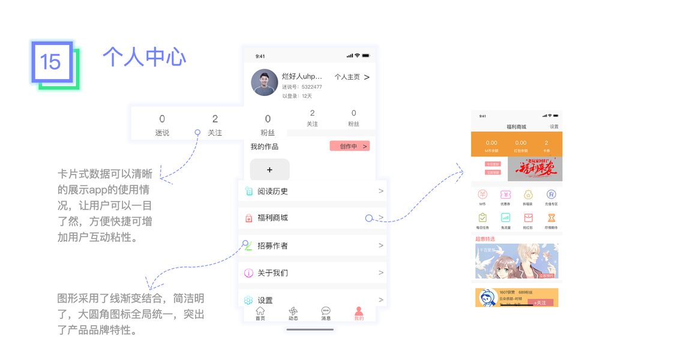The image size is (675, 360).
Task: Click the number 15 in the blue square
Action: tap(51, 62)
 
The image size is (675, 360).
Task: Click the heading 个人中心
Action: tap(144, 56)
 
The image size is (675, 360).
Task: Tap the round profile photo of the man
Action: tap(264, 82)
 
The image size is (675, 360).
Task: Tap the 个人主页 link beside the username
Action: tap(347, 77)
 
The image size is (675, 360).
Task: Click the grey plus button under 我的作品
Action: tap(269, 170)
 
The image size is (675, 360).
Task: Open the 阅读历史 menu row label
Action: tap(272, 191)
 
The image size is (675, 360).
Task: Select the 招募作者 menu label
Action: tap(272, 245)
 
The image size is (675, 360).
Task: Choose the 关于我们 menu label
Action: tap(272, 273)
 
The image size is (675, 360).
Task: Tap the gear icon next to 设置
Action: tap(248, 300)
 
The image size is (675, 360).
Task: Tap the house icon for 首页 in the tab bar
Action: tap(260, 311)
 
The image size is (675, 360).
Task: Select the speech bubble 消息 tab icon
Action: tap(326, 311)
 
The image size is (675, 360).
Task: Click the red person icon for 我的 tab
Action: tap(359, 311)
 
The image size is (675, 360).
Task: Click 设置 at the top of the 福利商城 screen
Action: tap(554, 127)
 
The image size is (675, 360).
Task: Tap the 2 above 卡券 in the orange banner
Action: tap(547, 143)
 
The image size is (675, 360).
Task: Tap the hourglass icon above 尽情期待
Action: tap(551, 218)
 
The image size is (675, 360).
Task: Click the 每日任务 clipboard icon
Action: tap(482, 218)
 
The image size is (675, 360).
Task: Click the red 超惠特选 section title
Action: tap(485, 239)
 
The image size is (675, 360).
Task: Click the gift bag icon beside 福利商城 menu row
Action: tap(248, 218)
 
